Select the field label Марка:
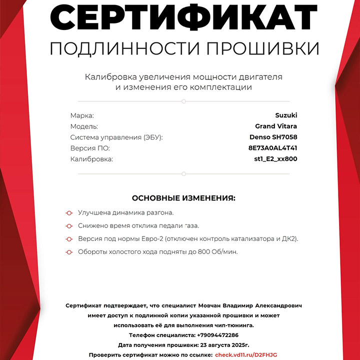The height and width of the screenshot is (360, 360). [x=82, y=115]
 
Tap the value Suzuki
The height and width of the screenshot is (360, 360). [x=286, y=115]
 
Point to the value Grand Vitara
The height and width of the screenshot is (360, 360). [x=276, y=126]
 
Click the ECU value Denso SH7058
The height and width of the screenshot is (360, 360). [x=273, y=137]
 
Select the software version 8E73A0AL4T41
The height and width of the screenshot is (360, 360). [x=272, y=148]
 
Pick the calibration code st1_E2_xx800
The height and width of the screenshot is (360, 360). [x=275, y=159]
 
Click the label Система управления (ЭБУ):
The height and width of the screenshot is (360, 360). [x=116, y=137]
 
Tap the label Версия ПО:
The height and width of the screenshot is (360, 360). [x=89, y=148]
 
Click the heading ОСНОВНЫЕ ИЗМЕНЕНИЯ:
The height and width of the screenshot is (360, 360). [x=183, y=198]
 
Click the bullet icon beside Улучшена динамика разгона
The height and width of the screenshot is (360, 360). [x=69, y=213]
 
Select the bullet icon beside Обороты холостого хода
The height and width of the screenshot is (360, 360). [x=69, y=252]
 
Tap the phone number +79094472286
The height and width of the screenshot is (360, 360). [x=217, y=335]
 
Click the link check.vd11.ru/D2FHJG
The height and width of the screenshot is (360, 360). [x=245, y=354]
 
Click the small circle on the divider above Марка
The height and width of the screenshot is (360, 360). [x=183, y=101]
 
